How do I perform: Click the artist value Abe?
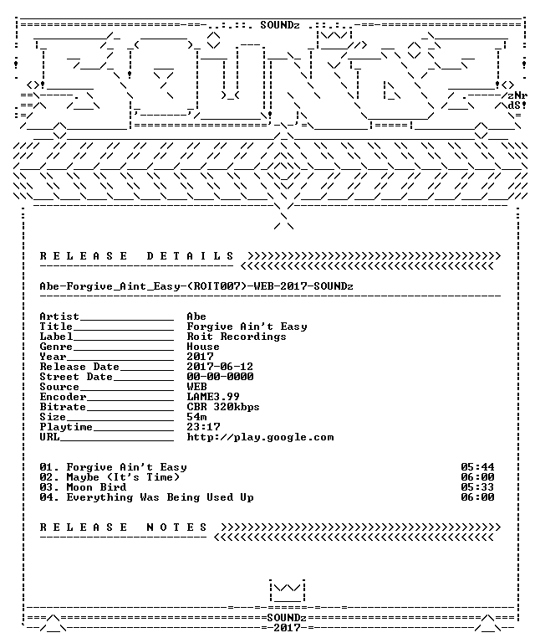tap(196, 316)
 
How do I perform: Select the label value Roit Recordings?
tap(237, 337)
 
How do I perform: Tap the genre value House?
tap(203, 347)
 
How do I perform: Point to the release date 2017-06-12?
tap(220, 366)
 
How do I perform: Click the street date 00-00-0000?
tap(220, 377)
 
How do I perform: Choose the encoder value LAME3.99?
tap(213, 397)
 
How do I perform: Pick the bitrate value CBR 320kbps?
tap(223, 407)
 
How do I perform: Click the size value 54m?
tap(196, 417)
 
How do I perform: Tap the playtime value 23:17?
tap(203, 427)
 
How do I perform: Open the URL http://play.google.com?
tap(260, 437)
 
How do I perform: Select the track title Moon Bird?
tap(97, 487)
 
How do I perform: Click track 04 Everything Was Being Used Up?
tap(146, 497)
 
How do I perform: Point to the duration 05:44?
tap(477, 467)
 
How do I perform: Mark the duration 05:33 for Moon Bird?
tap(477, 487)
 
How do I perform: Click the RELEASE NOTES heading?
tap(123, 527)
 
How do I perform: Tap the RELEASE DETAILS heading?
tap(137, 256)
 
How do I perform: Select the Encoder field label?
tap(63, 397)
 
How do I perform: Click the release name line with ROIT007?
tap(196, 286)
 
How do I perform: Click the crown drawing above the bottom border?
tap(288, 590)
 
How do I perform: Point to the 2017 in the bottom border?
tap(287, 628)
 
